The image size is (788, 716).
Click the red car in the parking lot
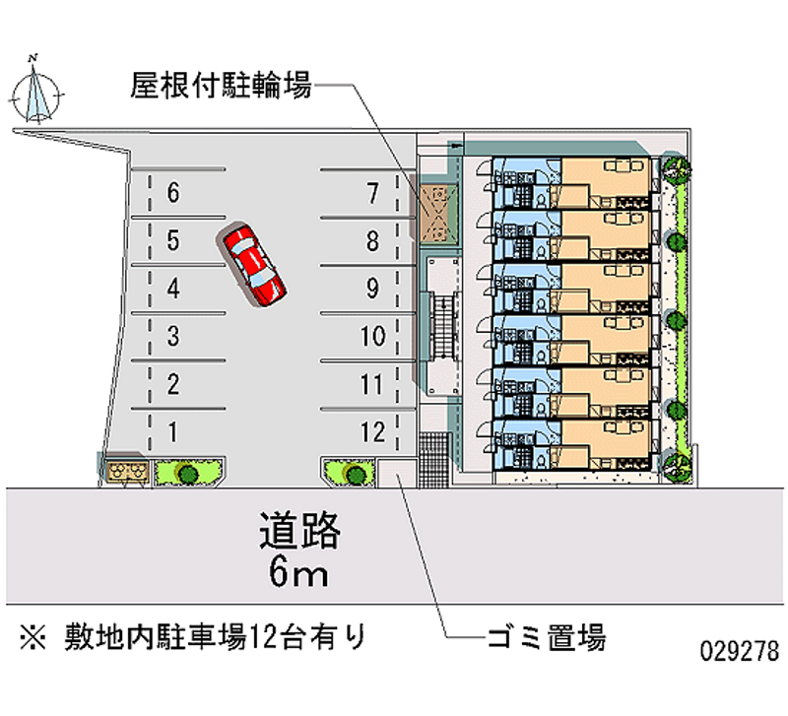[x=254, y=264]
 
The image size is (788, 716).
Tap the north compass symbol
[x=38, y=94]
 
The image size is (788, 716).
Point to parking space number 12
[x=371, y=430]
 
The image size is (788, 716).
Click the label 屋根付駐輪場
[x=221, y=87]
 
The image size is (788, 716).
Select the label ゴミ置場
[x=546, y=636]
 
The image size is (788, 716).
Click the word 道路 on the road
[x=299, y=532]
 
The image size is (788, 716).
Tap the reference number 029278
[x=740, y=652]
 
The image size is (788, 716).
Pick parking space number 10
[x=371, y=337]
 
